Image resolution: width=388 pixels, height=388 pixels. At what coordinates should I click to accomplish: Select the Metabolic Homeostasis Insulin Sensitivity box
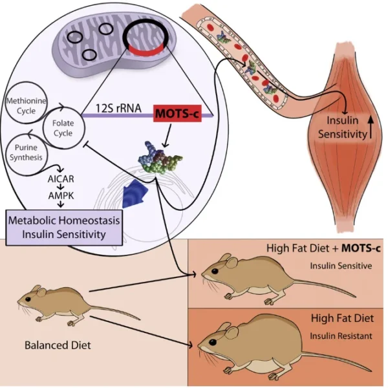click(65, 227)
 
